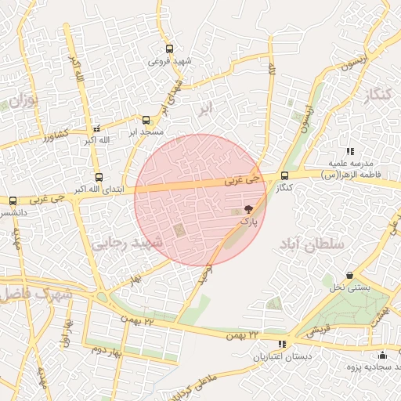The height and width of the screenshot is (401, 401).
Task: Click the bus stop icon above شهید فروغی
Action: pyautogui.click(x=171, y=49)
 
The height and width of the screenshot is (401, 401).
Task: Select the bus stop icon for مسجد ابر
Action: pyautogui.click(x=146, y=120)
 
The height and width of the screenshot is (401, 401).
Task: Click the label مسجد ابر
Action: pyautogui.click(x=146, y=132)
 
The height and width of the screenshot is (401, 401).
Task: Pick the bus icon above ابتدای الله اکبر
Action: pyautogui.click(x=98, y=177)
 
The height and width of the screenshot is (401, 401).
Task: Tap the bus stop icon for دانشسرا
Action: pyautogui.click(x=13, y=200)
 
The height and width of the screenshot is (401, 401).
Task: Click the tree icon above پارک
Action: pyautogui.click(x=248, y=210)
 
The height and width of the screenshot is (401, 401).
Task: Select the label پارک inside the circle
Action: pyautogui.click(x=247, y=222)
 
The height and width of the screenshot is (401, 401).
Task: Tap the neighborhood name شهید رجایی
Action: pyautogui.click(x=128, y=244)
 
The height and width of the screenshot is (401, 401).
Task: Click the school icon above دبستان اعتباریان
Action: pyautogui.click(x=282, y=344)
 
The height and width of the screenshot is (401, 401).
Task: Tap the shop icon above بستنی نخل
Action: pyautogui.click(x=349, y=276)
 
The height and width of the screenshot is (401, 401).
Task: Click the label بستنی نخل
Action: pyautogui.click(x=349, y=288)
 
